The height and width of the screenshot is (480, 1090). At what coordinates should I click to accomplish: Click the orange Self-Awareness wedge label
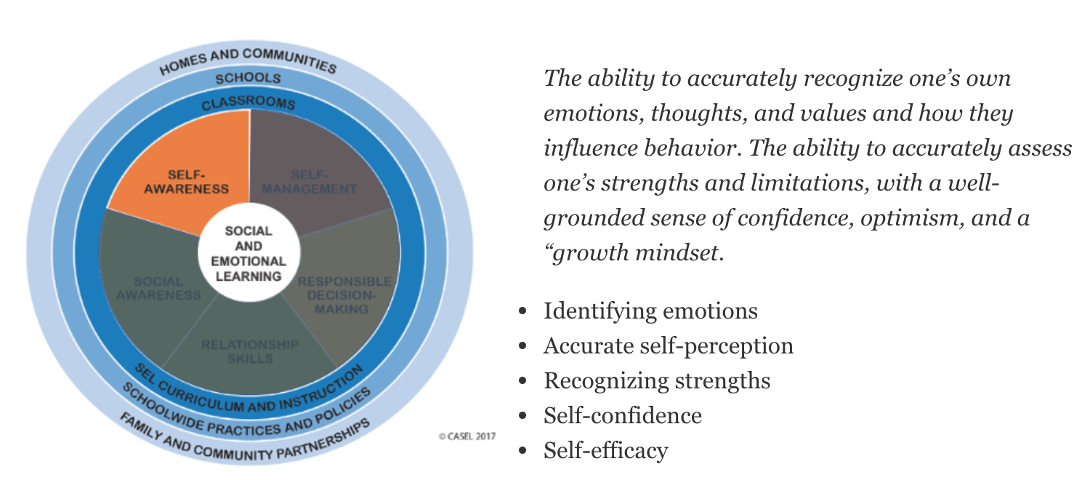186,182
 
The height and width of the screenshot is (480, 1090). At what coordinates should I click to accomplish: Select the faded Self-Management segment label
310,182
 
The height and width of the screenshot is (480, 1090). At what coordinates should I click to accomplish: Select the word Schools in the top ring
249,79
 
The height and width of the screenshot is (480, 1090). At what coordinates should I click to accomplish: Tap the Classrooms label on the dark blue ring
249,102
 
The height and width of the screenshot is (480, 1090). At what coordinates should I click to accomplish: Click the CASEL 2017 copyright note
466,436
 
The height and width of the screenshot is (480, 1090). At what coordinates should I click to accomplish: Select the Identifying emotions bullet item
650,311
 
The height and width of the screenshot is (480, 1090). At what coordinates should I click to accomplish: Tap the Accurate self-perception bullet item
668,346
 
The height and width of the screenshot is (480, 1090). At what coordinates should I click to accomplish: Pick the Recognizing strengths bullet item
656,381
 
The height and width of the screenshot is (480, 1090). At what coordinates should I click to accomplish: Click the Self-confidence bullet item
622,416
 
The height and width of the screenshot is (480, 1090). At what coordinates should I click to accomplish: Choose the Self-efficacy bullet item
605,451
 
